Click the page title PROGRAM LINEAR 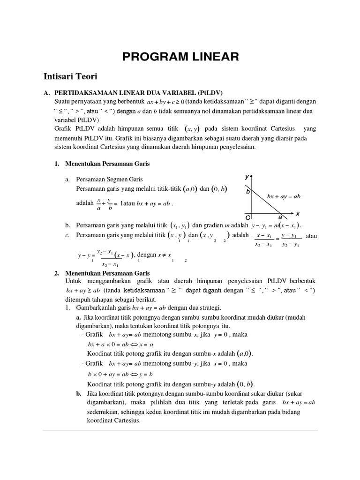tap(180, 57)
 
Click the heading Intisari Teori tap(70, 75)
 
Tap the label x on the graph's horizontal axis tap(298, 213)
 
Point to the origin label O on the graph tap(248, 218)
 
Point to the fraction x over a tap(99, 204)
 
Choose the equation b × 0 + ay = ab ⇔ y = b tap(121, 374)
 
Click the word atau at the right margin tap(311, 236)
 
